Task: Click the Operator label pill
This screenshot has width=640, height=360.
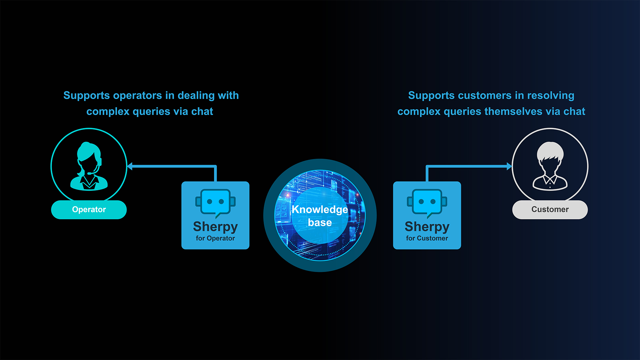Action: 89,210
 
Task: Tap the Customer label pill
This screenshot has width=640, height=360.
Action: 550,210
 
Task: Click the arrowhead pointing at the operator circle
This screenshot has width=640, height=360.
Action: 130,166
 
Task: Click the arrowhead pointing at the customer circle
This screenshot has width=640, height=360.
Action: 509,166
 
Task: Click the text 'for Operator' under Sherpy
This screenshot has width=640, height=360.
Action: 215,238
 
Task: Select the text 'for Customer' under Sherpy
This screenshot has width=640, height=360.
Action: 427,238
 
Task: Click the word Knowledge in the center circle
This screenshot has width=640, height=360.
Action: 320,209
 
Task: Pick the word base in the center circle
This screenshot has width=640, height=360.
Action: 320,222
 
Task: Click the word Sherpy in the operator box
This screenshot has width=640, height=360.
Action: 215,227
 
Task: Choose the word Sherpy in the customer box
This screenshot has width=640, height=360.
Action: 427,227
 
